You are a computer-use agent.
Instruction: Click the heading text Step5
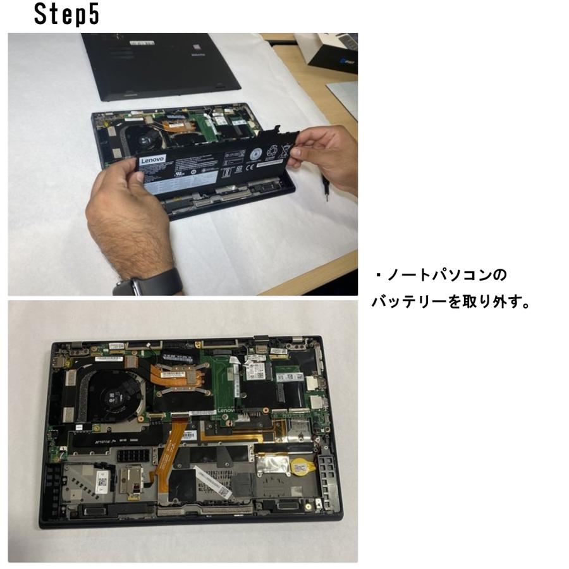pyautogui.click(x=67, y=15)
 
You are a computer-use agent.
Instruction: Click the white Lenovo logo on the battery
pyautogui.click(x=152, y=162)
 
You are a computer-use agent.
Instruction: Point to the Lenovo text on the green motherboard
pyautogui.click(x=226, y=412)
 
